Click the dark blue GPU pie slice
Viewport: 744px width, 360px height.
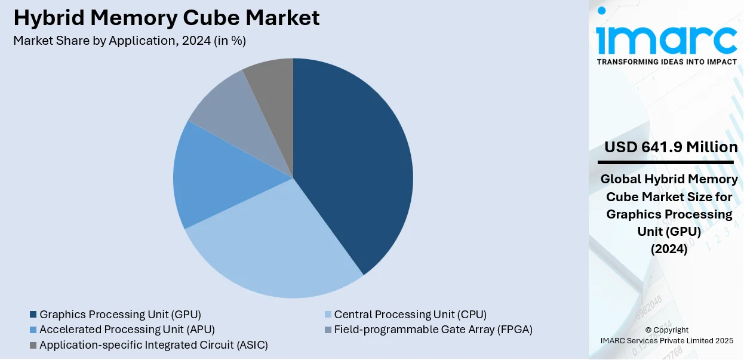point(352,161)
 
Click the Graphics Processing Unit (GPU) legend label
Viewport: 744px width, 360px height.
point(120,314)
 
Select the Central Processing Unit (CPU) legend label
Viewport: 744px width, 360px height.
point(410,314)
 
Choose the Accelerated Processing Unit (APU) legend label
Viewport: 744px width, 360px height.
point(127,329)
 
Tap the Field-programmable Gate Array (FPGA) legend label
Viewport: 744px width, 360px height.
point(433,329)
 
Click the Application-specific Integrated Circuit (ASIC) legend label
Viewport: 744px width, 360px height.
point(153,344)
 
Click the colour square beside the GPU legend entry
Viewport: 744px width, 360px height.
point(33,314)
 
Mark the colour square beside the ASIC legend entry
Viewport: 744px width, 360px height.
point(33,344)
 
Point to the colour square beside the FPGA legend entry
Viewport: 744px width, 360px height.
point(327,329)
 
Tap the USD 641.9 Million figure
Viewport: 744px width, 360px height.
point(671,147)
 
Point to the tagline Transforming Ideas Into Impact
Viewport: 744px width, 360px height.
point(667,61)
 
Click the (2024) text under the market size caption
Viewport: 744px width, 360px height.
point(669,250)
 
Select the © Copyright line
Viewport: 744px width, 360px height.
point(666,330)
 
